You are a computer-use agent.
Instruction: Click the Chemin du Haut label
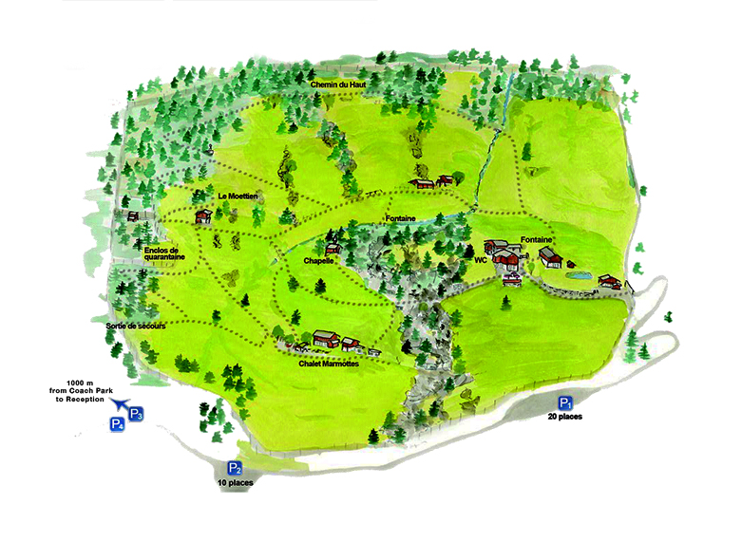click(x=339, y=85)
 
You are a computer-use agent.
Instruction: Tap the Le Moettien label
click(x=238, y=196)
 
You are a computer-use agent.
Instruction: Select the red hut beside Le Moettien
click(x=202, y=216)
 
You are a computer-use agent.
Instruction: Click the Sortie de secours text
click(x=135, y=326)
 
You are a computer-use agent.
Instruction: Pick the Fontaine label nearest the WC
click(x=537, y=240)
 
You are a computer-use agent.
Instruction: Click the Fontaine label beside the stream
click(x=402, y=219)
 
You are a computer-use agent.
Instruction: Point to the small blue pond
click(x=579, y=276)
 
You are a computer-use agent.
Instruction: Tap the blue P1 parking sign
click(x=565, y=402)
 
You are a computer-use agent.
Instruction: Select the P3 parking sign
click(x=135, y=414)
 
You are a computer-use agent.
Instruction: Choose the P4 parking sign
click(x=117, y=424)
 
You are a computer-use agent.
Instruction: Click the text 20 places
click(x=565, y=417)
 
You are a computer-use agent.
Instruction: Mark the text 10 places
click(x=235, y=483)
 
